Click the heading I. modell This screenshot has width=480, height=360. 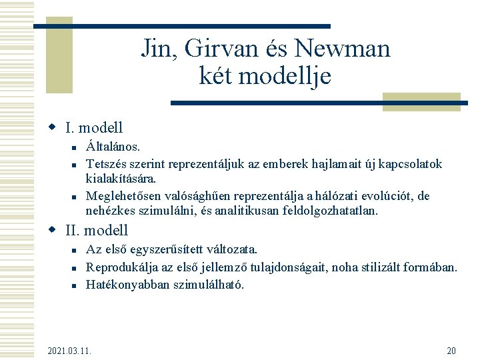(94, 127)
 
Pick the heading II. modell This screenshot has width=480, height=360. (97, 231)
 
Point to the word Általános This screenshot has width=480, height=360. (113, 146)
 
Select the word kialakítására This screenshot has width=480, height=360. (121, 179)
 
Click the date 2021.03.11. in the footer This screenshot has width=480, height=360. (70, 351)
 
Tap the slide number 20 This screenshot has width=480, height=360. (451, 351)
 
